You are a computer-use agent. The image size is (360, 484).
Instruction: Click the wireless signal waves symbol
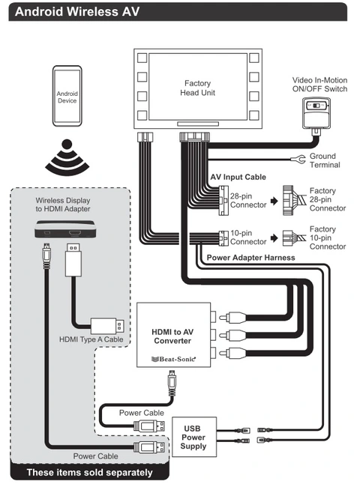67,156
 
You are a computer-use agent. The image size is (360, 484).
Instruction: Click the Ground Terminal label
324,160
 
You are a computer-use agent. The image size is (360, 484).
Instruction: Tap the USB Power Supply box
193,437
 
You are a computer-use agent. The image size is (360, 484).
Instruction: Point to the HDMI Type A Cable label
92,339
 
